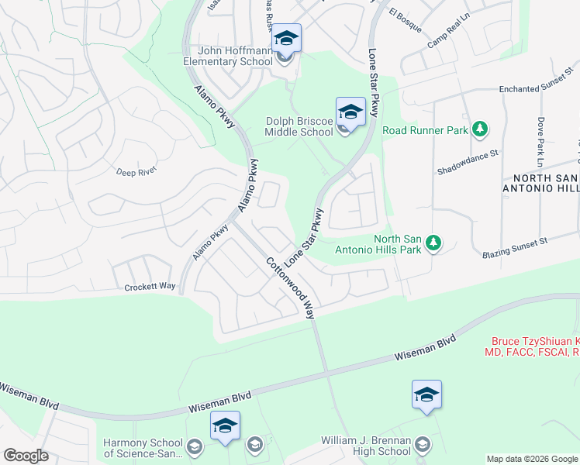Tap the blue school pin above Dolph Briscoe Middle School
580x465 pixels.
tap(350, 112)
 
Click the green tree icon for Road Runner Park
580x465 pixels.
tap(481, 129)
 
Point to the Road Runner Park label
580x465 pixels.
tap(425, 131)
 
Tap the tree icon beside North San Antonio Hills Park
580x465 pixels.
tap(435, 244)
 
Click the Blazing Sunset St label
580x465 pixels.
tap(514, 248)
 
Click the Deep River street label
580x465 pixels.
tap(136, 171)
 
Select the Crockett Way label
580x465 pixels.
tap(150, 287)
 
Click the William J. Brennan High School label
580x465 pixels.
tap(366, 446)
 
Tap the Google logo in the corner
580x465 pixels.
tap(26, 455)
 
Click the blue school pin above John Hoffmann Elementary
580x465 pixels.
tap(286, 38)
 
